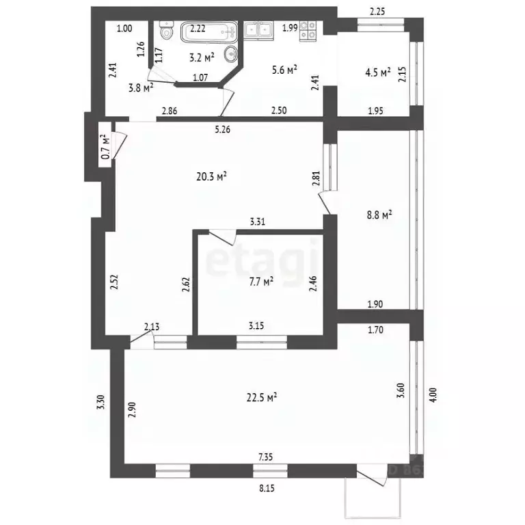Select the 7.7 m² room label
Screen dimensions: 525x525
261,280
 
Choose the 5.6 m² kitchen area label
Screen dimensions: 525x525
284,69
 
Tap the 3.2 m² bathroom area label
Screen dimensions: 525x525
202,57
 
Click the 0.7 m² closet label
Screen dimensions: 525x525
105,147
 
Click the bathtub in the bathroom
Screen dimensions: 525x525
209,31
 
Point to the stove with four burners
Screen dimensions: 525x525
308,29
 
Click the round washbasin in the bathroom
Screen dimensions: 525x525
233,53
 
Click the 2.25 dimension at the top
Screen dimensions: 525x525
378,10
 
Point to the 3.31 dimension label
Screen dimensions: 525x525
258,221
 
